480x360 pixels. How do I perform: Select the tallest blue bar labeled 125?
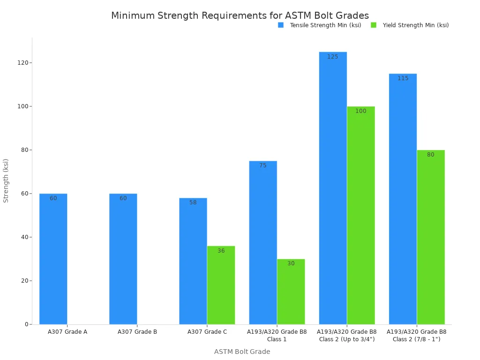coord(333,188)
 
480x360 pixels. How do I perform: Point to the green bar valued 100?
coord(360,215)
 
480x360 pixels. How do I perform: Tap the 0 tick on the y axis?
coord(26,324)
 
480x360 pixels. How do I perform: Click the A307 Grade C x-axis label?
coord(207,332)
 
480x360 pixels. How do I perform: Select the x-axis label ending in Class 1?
coord(277,335)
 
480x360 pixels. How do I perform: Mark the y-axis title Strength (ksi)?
coord(6,180)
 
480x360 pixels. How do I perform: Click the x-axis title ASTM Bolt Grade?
coord(242,352)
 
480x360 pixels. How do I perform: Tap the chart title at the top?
coord(240,15)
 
